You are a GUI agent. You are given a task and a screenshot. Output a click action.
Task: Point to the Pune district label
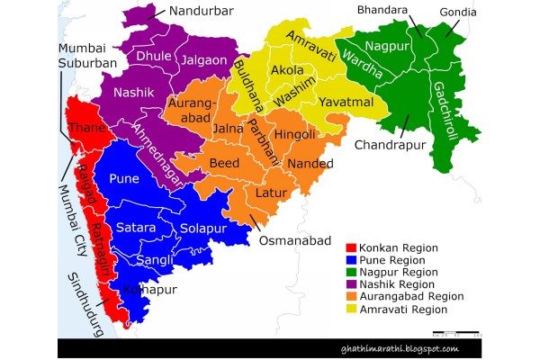point(123,179)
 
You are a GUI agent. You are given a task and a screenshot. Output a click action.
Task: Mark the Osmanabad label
point(289,242)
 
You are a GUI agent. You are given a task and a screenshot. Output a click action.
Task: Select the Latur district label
point(271,195)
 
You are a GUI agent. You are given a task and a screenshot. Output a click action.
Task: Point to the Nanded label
point(310,164)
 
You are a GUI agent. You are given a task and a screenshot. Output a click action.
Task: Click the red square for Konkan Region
point(352,247)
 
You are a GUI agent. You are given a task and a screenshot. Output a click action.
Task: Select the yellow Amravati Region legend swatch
point(352,309)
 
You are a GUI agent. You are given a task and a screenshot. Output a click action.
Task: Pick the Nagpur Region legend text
point(400,271)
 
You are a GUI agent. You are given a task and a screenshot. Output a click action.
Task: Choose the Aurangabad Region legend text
point(410,296)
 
